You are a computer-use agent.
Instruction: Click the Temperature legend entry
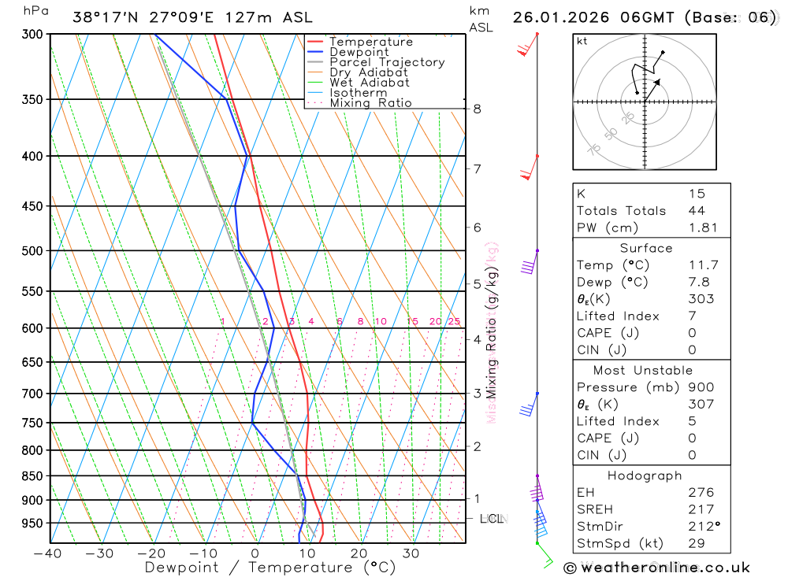[x=370, y=42]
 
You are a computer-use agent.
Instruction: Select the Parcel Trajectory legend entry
[x=387, y=62]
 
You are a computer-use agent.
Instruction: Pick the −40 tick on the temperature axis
[x=47, y=553]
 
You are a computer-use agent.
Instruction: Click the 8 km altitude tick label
[x=477, y=109]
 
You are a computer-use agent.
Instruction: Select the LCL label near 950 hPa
[x=491, y=519]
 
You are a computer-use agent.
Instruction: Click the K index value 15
[x=696, y=194]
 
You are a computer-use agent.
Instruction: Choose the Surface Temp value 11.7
[x=702, y=265]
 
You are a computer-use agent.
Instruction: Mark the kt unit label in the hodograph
[x=582, y=42]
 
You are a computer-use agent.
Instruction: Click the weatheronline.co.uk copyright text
[x=656, y=568]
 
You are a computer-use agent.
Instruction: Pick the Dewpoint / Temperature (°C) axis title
[x=270, y=567]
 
